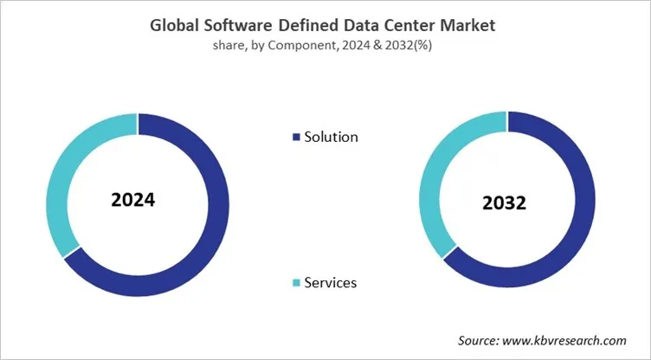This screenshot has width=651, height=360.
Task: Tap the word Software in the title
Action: (x=245, y=26)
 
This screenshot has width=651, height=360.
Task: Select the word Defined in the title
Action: (x=318, y=26)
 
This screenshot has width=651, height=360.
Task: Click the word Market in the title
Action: (x=467, y=26)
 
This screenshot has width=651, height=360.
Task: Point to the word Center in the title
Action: (x=411, y=26)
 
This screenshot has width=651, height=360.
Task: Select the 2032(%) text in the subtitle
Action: (x=409, y=46)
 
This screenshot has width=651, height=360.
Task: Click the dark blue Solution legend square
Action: (x=297, y=137)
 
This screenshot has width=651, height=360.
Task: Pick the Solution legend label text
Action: (x=331, y=137)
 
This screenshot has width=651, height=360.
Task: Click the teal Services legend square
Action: (x=297, y=283)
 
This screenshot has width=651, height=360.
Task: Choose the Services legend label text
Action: (x=330, y=283)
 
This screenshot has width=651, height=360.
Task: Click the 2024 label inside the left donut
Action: (x=133, y=200)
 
